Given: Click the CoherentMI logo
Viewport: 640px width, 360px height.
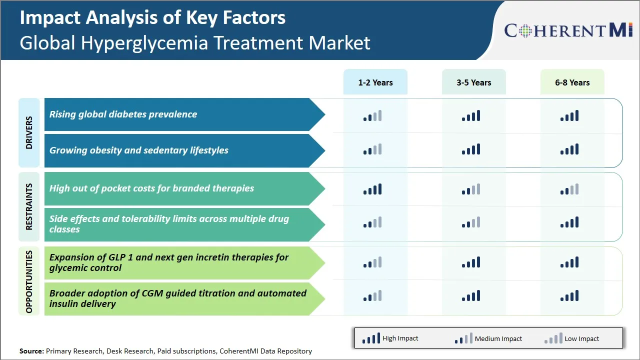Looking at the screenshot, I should [568, 30].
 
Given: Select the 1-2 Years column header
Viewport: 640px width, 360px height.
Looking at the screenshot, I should [375, 82].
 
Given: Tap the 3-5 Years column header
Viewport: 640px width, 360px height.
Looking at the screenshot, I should [473, 82].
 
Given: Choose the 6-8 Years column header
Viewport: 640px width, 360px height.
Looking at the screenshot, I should [572, 82].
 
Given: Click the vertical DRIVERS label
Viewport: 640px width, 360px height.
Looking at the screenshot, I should [29, 133].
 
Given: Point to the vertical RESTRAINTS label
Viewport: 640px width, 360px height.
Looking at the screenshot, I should [29, 207].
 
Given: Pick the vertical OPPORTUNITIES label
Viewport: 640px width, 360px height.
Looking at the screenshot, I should [29, 281].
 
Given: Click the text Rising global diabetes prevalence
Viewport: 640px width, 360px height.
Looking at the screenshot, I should [123, 114].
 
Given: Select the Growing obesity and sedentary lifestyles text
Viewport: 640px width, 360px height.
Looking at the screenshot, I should [138, 150].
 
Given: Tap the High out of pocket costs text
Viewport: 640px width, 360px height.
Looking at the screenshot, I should [151, 188].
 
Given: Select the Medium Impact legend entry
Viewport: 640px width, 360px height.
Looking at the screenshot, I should [488, 338].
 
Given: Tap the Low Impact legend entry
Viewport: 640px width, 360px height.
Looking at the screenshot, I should [571, 338].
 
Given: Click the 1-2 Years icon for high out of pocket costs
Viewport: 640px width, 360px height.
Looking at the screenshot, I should [372, 189].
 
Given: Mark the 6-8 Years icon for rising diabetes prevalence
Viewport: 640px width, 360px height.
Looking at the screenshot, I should [569, 116].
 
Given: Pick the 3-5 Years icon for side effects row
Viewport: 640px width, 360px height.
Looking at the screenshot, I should [471, 222].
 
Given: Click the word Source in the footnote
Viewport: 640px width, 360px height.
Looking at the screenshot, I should [31, 351].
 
